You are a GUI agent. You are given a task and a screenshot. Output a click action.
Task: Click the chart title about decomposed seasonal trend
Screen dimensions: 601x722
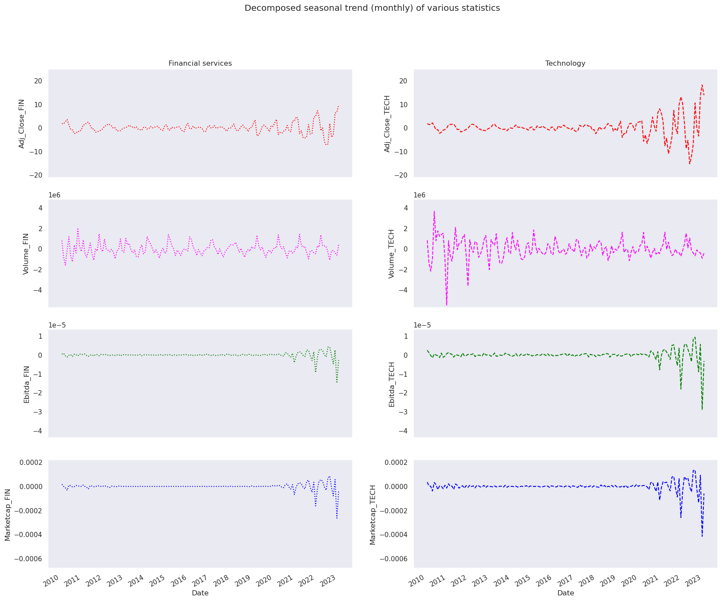coord(372,8)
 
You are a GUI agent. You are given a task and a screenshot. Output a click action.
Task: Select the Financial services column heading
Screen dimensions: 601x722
coord(200,64)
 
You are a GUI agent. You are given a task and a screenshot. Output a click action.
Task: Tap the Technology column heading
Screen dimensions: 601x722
coord(565,64)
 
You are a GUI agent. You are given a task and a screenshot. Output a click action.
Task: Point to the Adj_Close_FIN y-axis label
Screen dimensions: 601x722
coord(22,124)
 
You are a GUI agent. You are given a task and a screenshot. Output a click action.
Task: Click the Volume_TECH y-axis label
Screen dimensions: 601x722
coord(391,254)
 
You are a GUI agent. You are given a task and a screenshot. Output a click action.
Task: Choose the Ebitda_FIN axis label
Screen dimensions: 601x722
coord(27,384)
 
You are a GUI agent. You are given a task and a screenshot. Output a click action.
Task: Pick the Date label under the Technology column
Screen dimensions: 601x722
coord(566,593)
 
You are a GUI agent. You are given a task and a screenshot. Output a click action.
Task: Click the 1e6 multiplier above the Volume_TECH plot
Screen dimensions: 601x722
coord(420,195)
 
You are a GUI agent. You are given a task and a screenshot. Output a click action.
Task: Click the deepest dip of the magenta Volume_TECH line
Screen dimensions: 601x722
coord(447,305)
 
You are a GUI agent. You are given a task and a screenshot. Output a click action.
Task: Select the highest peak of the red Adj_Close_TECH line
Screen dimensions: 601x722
coord(702,85)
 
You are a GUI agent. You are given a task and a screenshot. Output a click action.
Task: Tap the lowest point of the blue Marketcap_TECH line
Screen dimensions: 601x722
coord(702,536)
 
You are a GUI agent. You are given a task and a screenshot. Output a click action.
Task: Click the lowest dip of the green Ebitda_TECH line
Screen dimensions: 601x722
coord(702,409)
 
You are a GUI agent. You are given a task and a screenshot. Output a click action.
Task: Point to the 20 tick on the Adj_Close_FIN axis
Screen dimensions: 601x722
coord(38,81)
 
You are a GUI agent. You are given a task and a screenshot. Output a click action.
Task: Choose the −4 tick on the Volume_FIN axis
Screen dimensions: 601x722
coord(38,290)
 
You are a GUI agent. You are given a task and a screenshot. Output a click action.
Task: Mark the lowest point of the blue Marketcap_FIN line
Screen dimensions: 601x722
coord(337,518)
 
